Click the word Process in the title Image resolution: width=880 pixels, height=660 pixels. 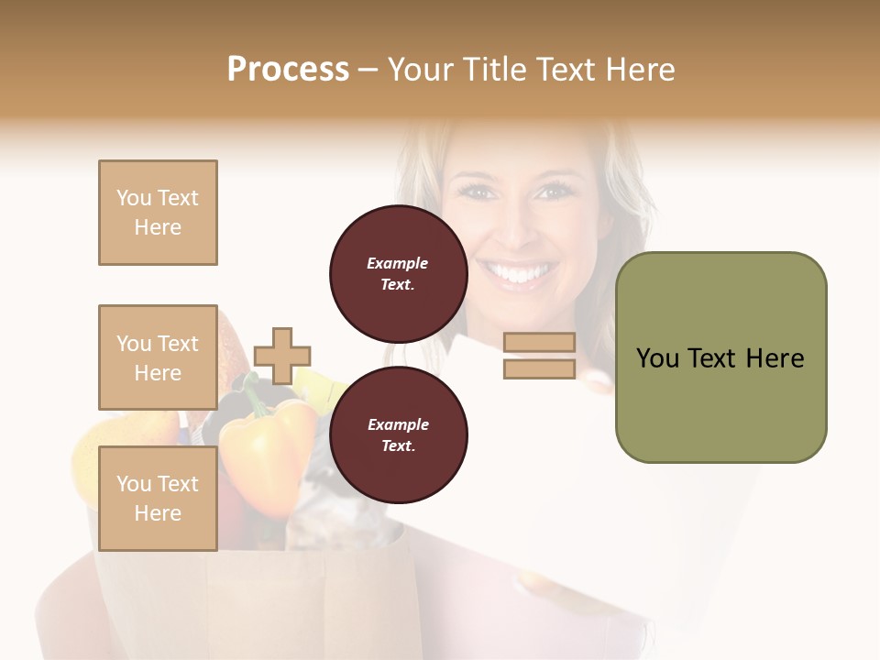tap(288, 70)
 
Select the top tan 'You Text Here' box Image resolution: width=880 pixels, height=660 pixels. tap(158, 213)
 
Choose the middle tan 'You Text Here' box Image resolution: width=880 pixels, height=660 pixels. tap(158, 357)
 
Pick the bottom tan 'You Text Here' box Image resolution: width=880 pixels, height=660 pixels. tap(158, 499)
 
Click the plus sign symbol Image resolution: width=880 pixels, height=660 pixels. tap(282, 356)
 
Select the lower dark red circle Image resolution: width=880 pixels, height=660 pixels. tap(398, 435)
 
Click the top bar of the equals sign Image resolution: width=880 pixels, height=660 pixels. tap(539, 343)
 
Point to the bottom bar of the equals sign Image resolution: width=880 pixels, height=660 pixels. tap(539, 369)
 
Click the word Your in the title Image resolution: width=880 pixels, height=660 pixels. tap(418, 70)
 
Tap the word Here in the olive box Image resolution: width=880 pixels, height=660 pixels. tap(774, 358)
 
